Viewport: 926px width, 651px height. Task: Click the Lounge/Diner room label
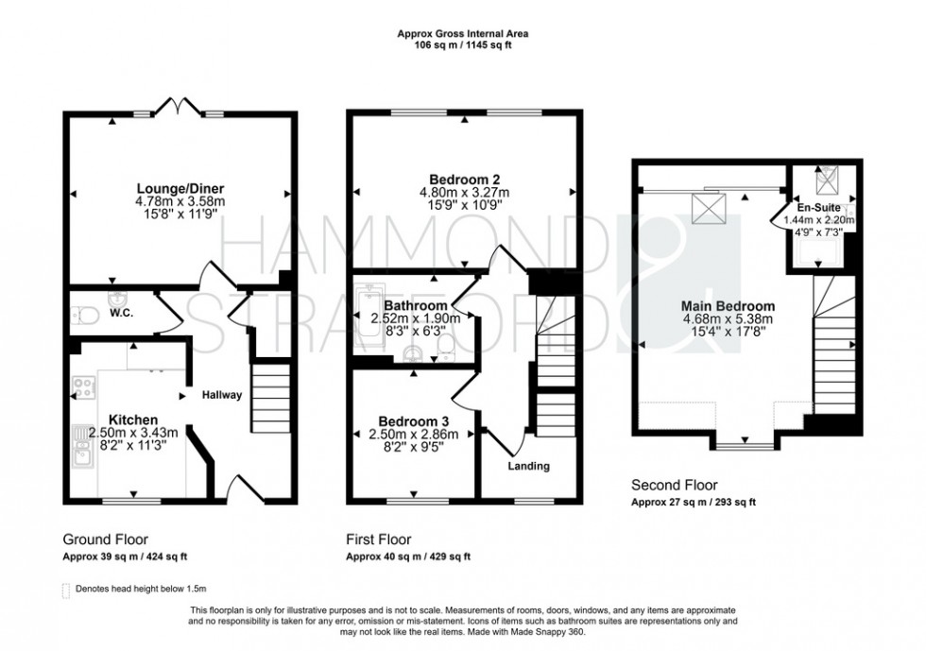coord(180,188)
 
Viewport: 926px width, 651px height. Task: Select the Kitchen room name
coord(132,420)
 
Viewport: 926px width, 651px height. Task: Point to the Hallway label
coord(220,395)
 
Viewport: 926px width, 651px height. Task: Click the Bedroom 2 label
coord(463,180)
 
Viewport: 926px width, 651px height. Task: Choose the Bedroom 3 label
coord(414,420)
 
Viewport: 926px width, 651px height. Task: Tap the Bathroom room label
coord(416,305)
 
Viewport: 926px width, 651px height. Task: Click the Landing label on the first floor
coord(528,466)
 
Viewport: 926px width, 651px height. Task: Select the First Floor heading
coord(380,540)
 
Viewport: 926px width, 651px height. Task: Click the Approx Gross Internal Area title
coord(462,34)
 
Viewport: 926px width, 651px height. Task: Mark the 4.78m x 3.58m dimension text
coord(180,201)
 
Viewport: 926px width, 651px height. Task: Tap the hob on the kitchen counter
coord(82,387)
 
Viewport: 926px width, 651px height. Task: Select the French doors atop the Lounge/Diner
coord(180,106)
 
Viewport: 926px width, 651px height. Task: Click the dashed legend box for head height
coord(65,589)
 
